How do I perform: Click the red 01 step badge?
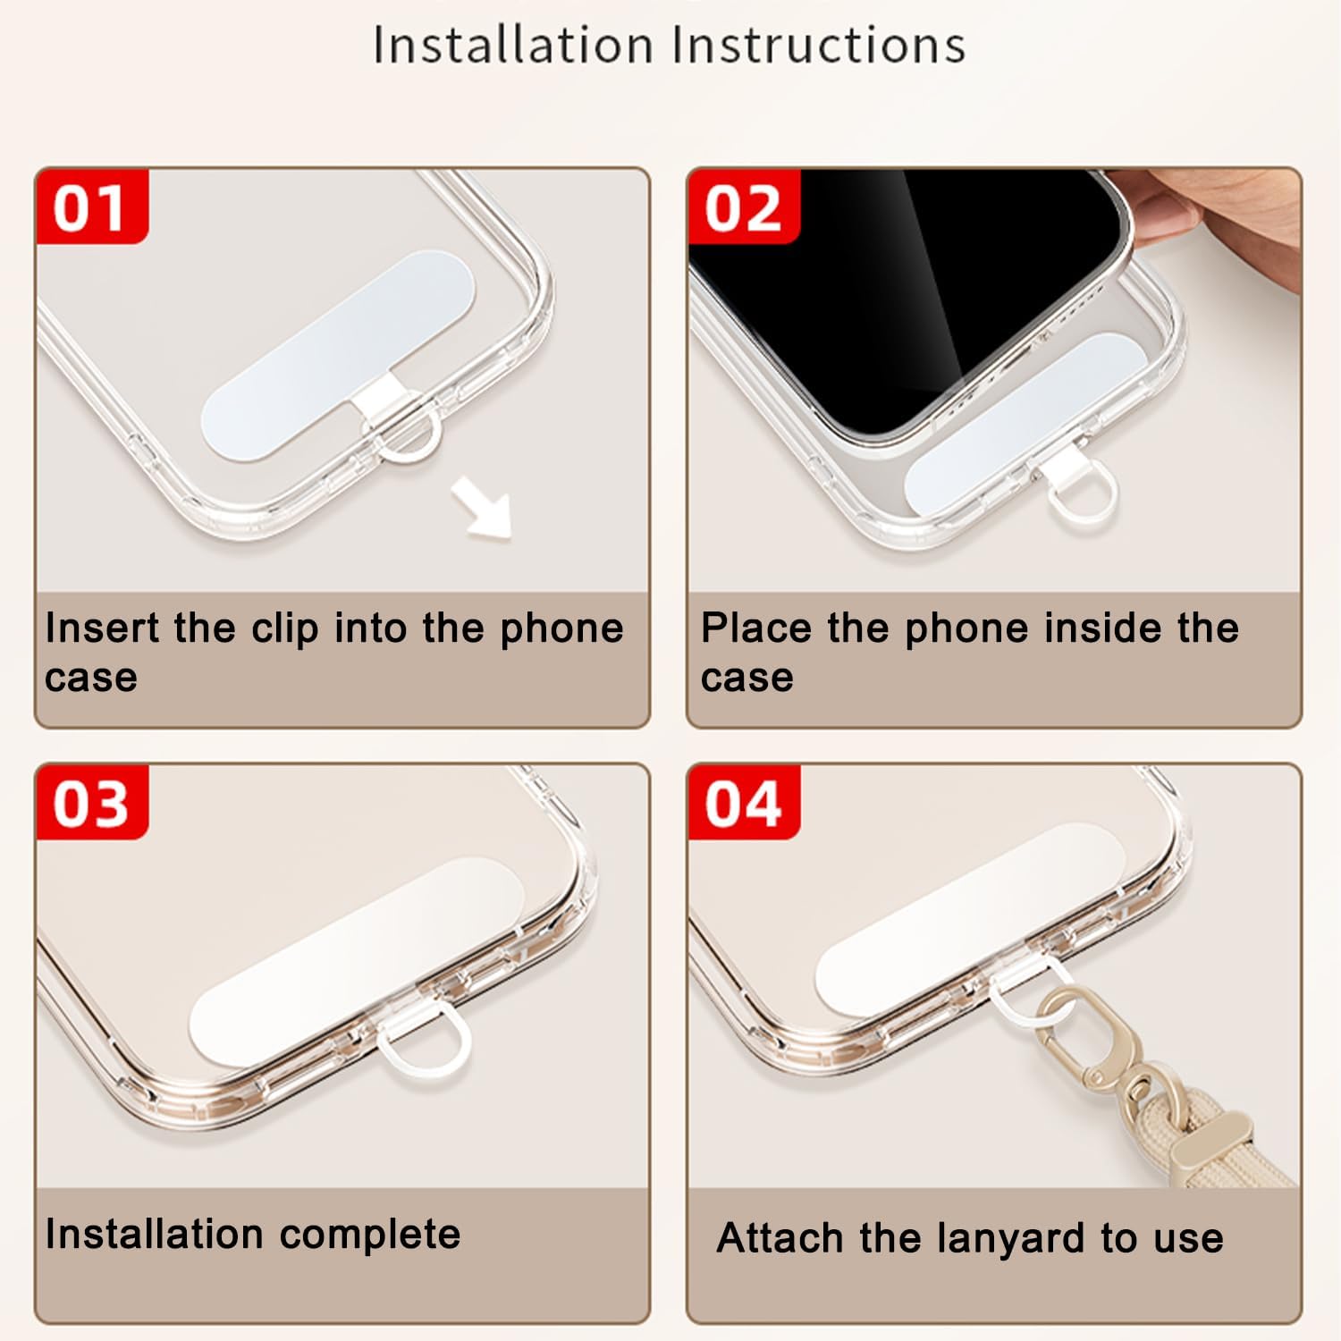coord(91,206)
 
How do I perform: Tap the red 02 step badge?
coord(744,206)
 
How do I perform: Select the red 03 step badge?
coord(91,802)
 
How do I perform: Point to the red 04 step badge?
coord(744,802)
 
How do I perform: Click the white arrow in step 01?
coord(483,507)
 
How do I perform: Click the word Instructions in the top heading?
coord(819,45)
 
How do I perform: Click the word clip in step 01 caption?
coord(285,629)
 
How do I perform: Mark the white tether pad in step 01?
coord(338,356)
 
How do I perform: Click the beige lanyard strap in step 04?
coord(1234,1149)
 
